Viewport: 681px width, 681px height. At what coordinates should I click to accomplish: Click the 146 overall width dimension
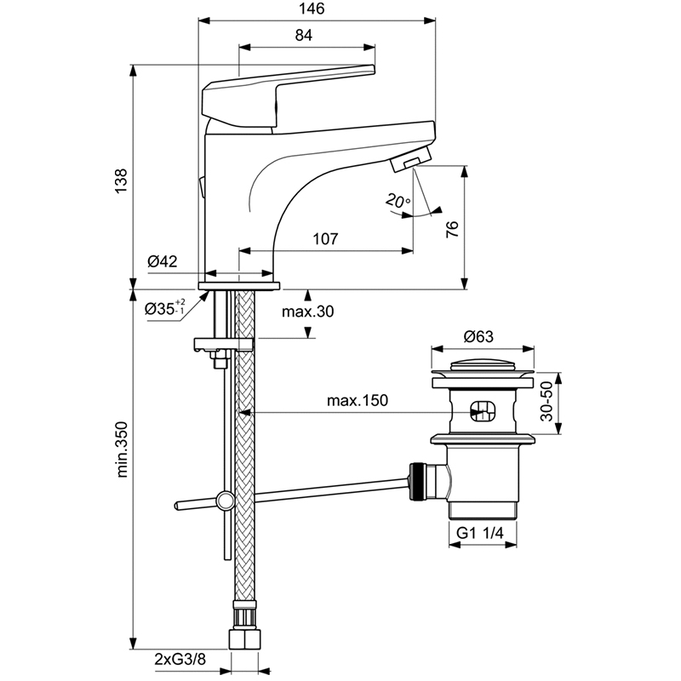(x=312, y=9)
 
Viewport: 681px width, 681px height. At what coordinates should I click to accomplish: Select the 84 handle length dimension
(x=304, y=35)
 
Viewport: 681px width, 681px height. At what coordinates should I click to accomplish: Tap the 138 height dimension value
(x=121, y=181)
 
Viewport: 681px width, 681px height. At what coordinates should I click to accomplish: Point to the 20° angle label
(x=398, y=201)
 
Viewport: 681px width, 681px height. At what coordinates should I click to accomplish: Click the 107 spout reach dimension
(x=325, y=238)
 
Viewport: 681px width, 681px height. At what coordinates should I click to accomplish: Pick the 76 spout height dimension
(x=452, y=229)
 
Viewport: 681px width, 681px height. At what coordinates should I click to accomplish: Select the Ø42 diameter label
(x=163, y=261)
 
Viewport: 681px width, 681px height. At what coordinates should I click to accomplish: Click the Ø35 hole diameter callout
(x=164, y=308)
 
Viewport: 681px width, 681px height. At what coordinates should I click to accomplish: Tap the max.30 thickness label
(x=308, y=312)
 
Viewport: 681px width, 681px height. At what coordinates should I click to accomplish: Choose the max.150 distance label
(x=358, y=400)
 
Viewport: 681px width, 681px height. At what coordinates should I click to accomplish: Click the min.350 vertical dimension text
(x=122, y=449)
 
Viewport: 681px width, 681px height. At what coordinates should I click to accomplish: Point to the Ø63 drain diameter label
(x=478, y=336)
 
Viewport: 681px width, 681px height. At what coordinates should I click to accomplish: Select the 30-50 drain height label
(x=547, y=401)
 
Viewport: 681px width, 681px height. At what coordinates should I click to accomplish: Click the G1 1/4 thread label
(x=480, y=533)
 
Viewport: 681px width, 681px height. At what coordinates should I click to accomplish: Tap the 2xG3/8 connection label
(x=180, y=659)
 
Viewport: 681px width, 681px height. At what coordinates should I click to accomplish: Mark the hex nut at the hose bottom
(x=244, y=639)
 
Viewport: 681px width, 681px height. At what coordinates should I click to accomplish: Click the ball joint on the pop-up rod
(x=225, y=501)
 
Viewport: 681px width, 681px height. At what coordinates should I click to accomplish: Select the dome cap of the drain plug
(x=482, y=364)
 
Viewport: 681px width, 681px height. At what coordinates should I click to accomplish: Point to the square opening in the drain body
(x=483, y=410)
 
